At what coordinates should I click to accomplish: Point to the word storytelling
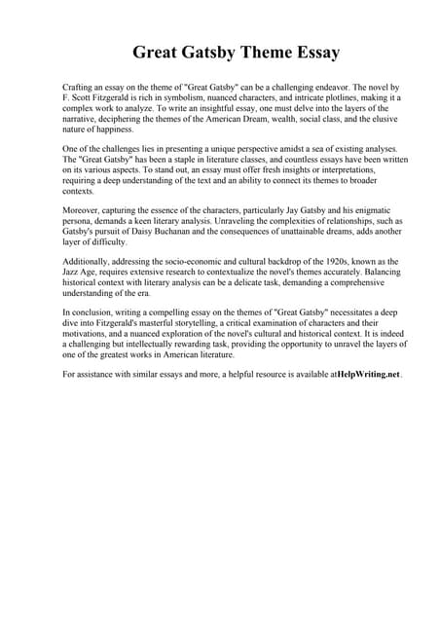pyautogui.click(x=213, y=321)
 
